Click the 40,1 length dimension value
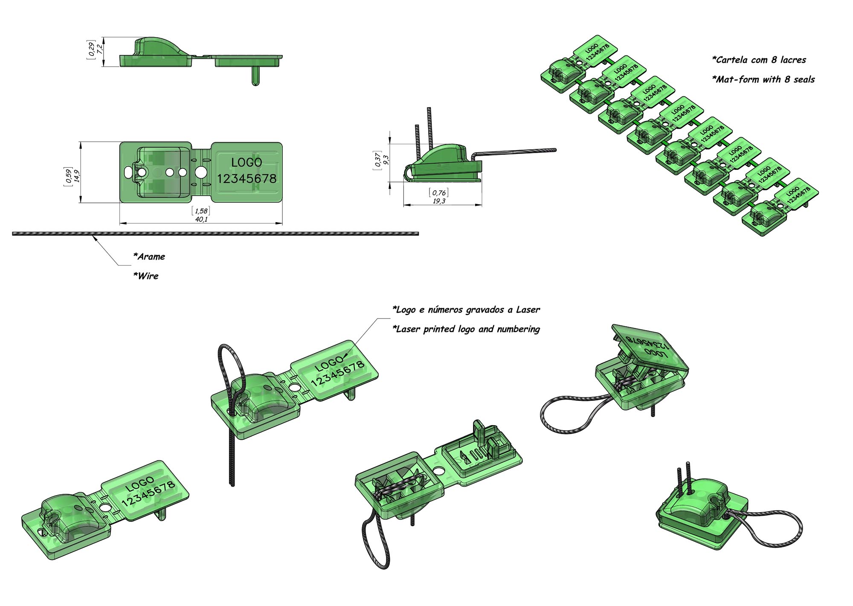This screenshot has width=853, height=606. coord(201,219)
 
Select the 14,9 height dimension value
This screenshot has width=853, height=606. coord(77,175)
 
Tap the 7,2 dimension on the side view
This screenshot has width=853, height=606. coord(100,49)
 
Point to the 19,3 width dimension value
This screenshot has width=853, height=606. coord(439,201)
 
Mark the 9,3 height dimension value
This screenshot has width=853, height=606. coord(386,160)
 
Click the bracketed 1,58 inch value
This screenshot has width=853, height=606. coord(201,211)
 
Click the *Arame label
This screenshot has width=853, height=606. coord(149,257)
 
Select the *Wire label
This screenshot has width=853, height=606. coord(146,276)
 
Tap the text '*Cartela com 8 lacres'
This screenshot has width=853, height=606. coord(759,60)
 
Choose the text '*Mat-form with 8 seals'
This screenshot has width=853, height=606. coord(763,80)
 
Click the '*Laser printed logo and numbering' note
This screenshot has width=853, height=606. coord(466,329)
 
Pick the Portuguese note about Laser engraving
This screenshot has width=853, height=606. coord(466,310)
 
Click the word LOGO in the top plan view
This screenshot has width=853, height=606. coord(247,162)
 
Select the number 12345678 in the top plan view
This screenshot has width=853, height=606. coord(247,178)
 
